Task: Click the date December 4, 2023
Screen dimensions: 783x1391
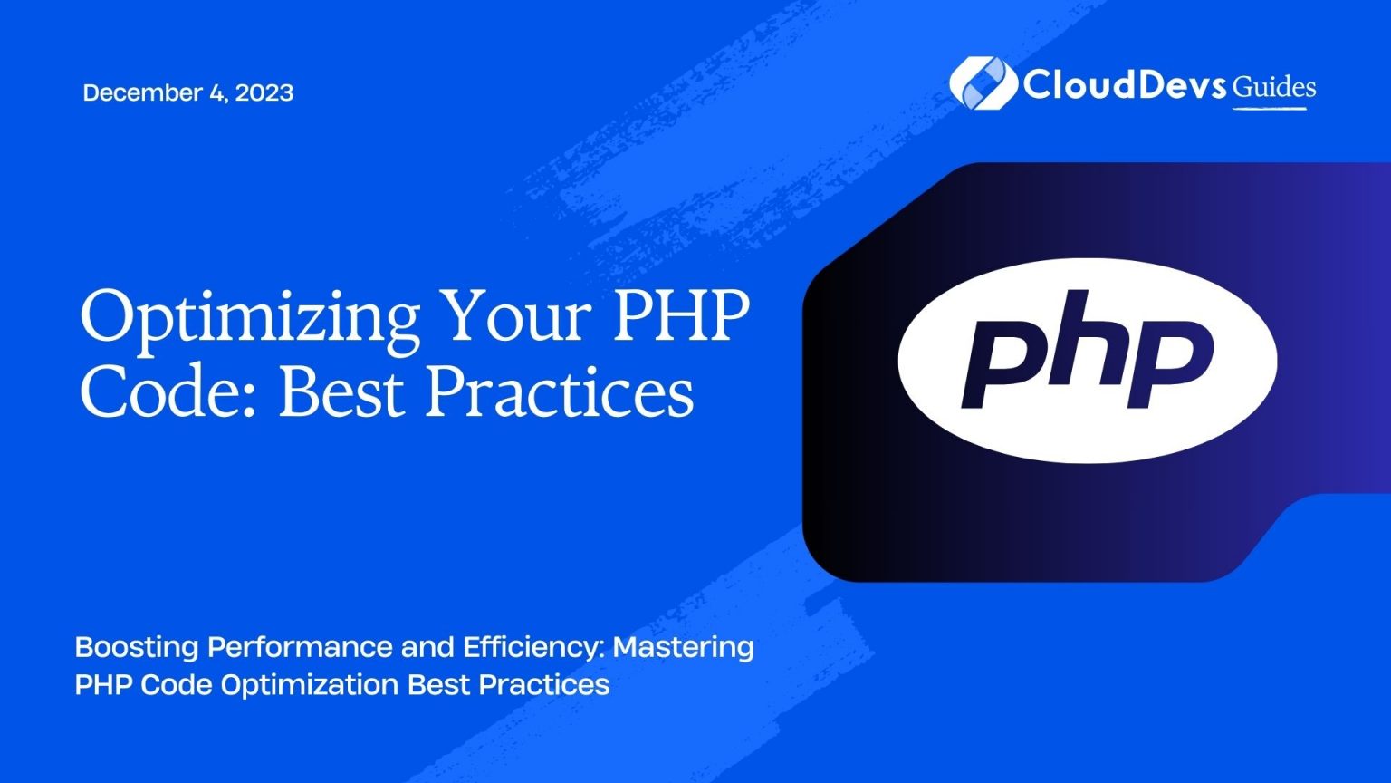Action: pyautogui.click(x=187, y=92)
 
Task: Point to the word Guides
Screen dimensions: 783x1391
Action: pyautogui.click(x=1274, y=87)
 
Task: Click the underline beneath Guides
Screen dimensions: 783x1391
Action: pyautogui.click(x=1269, y=109)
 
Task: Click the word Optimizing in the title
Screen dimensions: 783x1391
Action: pyautogui.click(x=249, y=316)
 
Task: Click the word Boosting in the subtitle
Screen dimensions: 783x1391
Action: pyautogui.click(x=136, y=647)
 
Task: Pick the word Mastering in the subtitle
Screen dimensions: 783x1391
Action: pyautogui.click(x=683, y=647)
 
